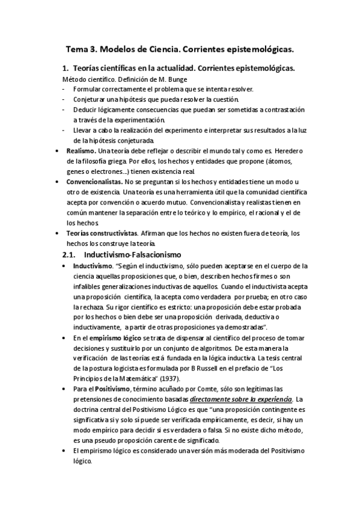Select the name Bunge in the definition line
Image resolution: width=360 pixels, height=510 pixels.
coord(160,79)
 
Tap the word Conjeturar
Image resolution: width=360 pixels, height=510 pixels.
coord(91,99)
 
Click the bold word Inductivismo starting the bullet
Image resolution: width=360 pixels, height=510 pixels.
coord(92,266)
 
